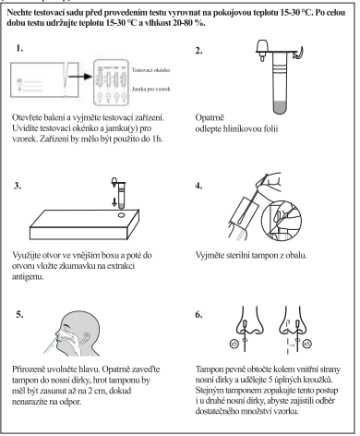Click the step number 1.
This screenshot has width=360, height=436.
(x=19, y=48)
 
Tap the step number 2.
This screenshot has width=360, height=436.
(x=198, y=51)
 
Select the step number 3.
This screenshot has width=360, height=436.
(x=18, y=186)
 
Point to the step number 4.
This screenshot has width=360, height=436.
(x=198, y=186)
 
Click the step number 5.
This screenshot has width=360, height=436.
(x=19, y=314)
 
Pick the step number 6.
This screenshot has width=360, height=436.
(x=198, y=314)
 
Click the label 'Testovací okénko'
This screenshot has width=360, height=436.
(x=150, y=70)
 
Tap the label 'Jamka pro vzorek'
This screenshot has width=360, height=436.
(x=150, y=89)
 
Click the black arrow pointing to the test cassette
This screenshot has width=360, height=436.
(x=80, y=76)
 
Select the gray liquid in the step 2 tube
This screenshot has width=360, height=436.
(x=280, y=107)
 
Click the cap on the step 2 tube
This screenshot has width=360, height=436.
(x=262, y=49)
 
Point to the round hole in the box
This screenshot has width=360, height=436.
(x=121, y=214)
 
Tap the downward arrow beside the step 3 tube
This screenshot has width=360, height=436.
(x=114, y=201)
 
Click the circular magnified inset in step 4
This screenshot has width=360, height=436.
(x=282, y=220)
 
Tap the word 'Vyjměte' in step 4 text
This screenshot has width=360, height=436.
(x=210, y=256)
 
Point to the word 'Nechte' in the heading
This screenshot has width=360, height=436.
(x=18, y=13)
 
